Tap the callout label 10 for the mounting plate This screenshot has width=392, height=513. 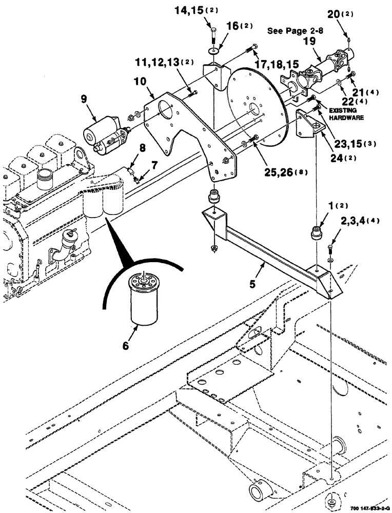point(141,81)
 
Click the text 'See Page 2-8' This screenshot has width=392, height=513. point(290,31)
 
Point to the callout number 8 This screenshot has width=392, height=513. point(142,148)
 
